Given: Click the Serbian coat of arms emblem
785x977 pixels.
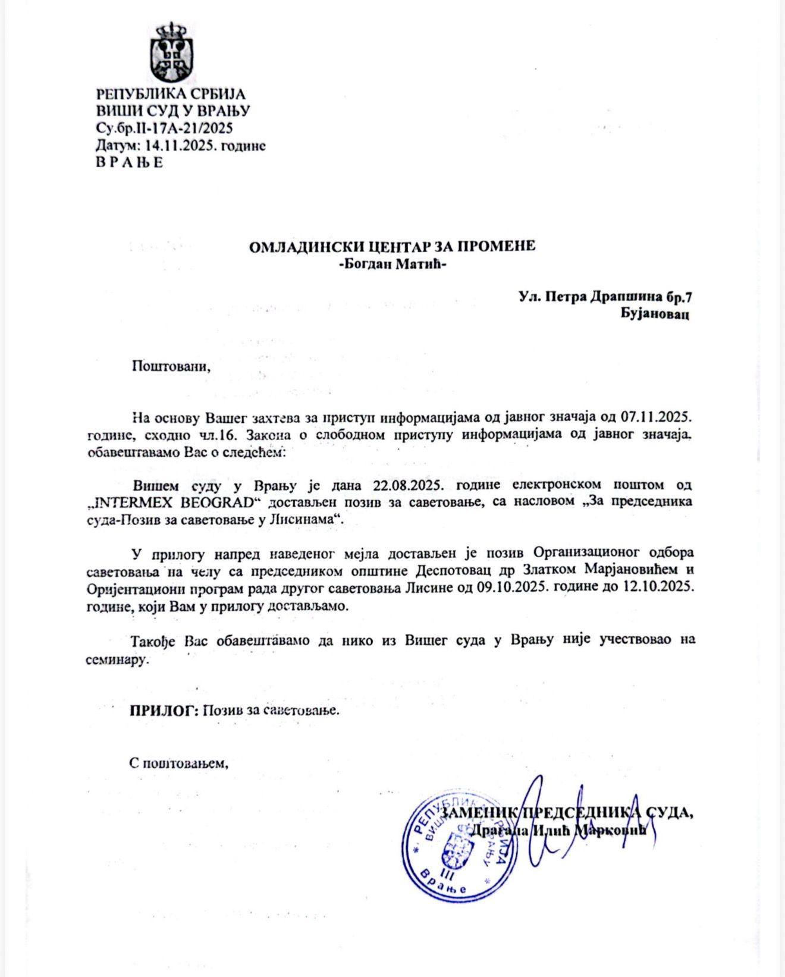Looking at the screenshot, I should [x=171, y=52].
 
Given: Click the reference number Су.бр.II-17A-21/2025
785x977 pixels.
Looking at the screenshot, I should [x=164, y=128].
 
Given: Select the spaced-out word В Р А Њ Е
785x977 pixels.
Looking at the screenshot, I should [x=129, y=162].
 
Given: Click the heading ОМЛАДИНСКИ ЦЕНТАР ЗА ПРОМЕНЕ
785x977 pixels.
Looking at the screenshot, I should [x=392, y=246].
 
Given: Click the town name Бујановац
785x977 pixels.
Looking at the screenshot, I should [x=655, y=314].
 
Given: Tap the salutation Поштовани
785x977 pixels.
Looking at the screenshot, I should [x=171, y=365].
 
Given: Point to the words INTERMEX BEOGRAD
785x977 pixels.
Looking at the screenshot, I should [x=178, y=501].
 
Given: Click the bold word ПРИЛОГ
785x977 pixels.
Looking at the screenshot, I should [x=164, y=710].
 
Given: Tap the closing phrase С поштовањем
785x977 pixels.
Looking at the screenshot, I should [x=179, y=762].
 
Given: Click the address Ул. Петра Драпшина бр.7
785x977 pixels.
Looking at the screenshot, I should [x=604, y=296].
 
